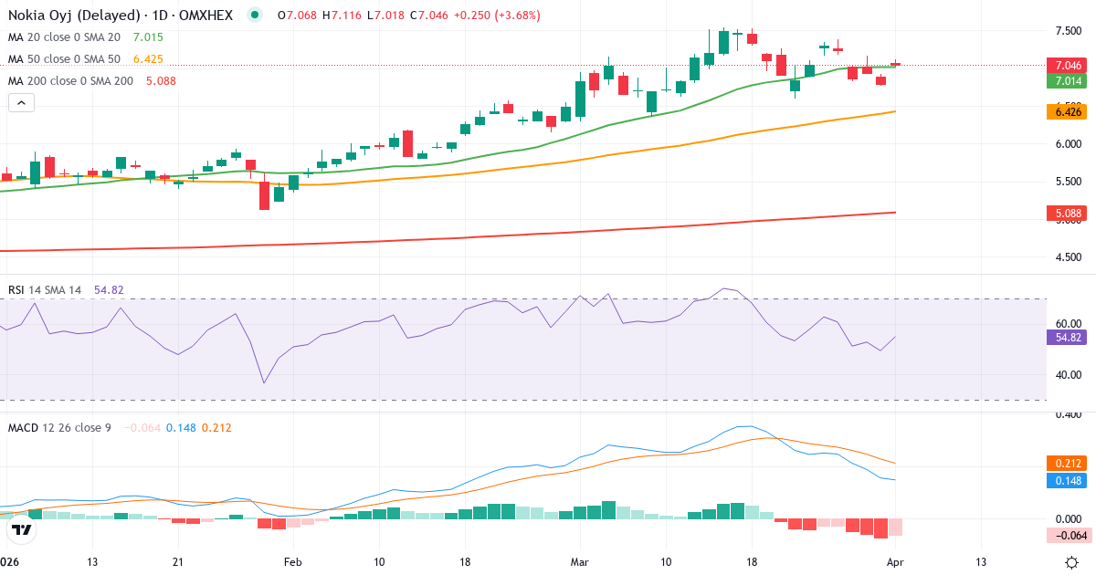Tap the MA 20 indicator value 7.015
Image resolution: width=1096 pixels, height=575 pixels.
(148, 37)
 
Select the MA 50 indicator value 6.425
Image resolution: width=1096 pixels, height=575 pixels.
(148, 59)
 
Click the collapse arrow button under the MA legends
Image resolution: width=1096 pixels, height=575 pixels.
(21, 103)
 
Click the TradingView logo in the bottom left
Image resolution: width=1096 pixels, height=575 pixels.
(22, 528)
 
